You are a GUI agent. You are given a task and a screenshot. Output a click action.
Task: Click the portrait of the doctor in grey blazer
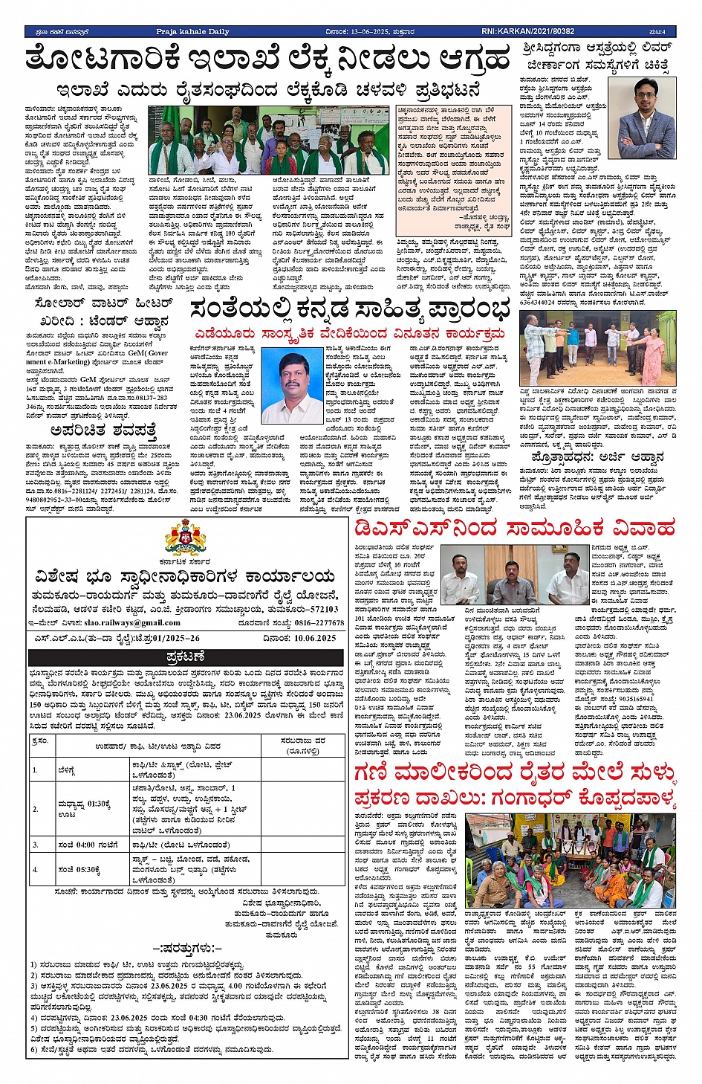point(643,109)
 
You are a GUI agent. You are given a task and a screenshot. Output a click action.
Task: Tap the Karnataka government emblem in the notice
point(186,537)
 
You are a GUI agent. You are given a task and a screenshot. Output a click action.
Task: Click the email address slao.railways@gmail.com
point(126,623)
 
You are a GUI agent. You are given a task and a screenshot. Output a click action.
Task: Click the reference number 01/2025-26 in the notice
point(163,638)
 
